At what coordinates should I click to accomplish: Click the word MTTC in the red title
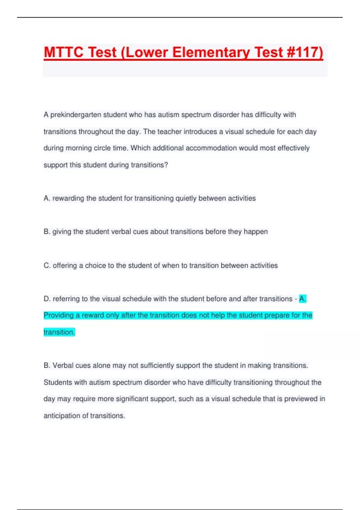point(64,52)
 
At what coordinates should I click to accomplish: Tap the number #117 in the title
point(305,52)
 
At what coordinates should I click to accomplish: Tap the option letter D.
point(47,299)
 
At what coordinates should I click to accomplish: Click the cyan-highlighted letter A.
point(302,299)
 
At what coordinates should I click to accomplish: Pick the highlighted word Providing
point(58,315)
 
